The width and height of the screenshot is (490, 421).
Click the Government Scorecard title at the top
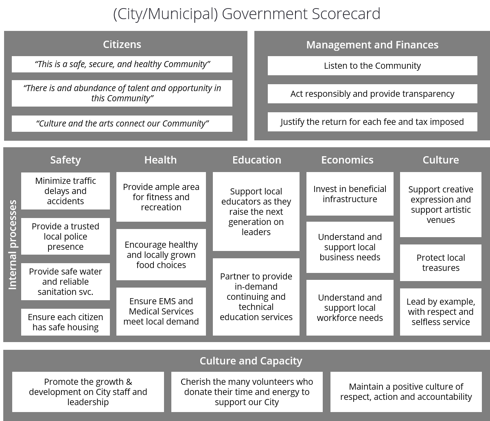pyautogui.click(x=246, y=14)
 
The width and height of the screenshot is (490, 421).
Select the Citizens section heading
pyautogui.click(x=122, y=44)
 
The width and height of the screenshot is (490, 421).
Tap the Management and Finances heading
pyautogui.click(x=372, y=45)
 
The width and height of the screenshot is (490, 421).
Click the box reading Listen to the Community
pyautogui.click(x=372, y=66)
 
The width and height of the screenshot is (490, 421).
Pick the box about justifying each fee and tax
pyautogui.click(x=372, y=122)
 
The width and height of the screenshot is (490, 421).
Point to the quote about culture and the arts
pyautogui.click(x=122, y=124)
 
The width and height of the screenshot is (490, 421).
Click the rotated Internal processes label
pyautogui.click(x=13, y=244)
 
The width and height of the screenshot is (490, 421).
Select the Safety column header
pyautogui.click(x=66, y=160)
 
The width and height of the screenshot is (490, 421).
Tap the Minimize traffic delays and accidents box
pyautogui.click(x=66, y=191)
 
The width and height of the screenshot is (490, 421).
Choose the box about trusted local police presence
pyautogui.click(x=66, y=236)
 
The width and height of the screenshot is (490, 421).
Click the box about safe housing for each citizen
pyautogui.click(x=66, y=322)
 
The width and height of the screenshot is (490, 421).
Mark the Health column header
pyautogui.click(x=160, y=160)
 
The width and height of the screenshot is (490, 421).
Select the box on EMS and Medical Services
pyautogui.click(x=161, y=311)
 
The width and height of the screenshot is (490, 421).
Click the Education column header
pyautogui.click(x=256, y=160)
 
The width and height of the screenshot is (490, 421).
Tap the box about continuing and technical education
pyautogui.click(x=256, y=297)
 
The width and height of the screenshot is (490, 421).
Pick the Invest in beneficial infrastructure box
pyautogui.click(x=350, y=194)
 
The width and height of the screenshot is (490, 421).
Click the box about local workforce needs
pyautogui.click(x=350, y=308)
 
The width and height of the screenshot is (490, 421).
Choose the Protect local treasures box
pyautogui.click(x=440, y=263)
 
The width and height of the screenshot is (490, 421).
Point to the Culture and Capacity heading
pyautogui.click(x=251, y=361)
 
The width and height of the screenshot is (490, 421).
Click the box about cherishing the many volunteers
pyautogui.click(x=247, y=392)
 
